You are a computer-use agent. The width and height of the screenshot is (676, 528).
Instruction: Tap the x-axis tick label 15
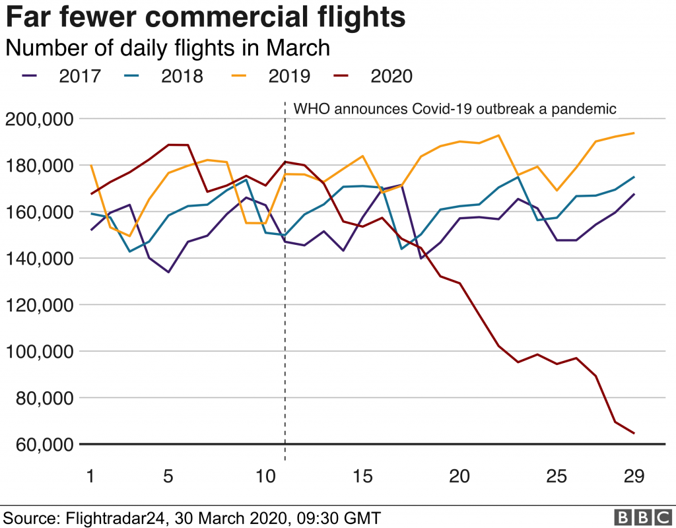(x=362, y=477)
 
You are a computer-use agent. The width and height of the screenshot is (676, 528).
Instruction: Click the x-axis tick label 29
(x=633, y=477)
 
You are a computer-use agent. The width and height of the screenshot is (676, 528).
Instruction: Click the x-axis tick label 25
(x=557, y=477)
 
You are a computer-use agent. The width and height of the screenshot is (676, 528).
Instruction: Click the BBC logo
(x=638, y=517)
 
